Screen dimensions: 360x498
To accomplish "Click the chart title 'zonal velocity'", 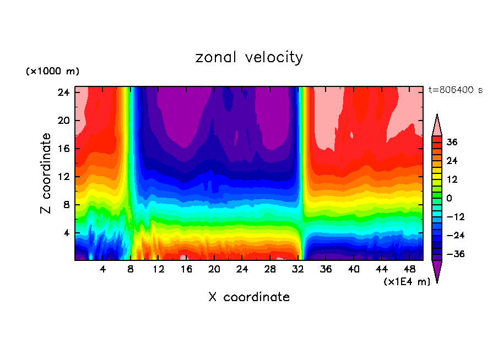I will click(249, 57).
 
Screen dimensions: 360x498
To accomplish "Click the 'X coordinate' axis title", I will click(249, 297).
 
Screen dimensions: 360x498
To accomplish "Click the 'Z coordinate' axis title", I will click(46, 173).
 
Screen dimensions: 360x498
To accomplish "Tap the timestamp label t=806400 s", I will click(455, 90).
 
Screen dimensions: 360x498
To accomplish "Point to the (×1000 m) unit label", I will click(52, 72).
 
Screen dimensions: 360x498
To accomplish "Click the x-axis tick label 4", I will click(102, 269).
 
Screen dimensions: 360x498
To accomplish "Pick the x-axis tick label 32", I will click(298, 269).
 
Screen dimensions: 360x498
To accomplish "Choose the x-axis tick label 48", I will click(410, 269).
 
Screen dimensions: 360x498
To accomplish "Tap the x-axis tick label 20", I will click(214, 269).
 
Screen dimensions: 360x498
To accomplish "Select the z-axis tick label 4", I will click(67, 233).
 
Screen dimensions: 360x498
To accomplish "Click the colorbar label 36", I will click(452, 143).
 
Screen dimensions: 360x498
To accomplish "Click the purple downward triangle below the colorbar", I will click(437, 270).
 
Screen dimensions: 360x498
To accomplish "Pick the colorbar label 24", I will click(452, 161).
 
